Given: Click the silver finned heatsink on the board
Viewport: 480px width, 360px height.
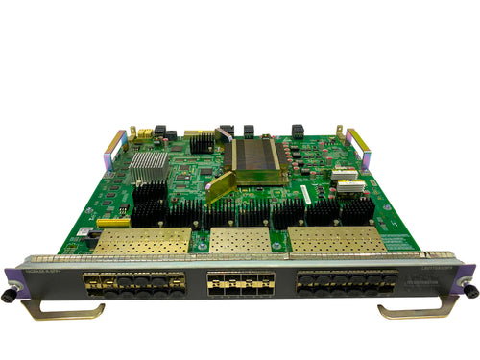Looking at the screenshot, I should (x=148, y=168).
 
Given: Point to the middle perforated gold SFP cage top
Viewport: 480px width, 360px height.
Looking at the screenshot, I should (x=239, y=241).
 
